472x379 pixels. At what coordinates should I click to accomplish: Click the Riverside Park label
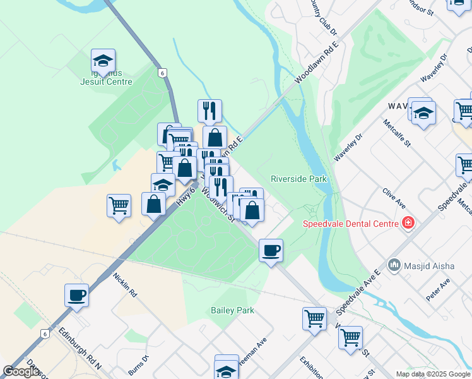pos(298,179)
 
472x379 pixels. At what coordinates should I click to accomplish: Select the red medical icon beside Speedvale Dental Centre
pos(408,223)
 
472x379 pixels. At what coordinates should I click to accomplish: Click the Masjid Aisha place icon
pos(394,264)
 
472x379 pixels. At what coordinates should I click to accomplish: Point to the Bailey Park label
pos(232,310)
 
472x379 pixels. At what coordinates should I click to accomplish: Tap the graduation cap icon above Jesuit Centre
pos(103,61)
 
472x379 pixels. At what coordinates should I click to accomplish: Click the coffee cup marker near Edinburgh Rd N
pos(76,295)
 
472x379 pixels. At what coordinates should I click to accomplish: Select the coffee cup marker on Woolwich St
pos(271,251)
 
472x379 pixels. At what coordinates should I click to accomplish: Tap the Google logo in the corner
pos(21,371)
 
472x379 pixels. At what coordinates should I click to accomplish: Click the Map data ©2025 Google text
pos(433,374)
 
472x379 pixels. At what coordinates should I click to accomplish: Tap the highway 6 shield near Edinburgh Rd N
pos(44,333)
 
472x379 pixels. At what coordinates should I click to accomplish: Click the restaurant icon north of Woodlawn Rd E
pos(209,111)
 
